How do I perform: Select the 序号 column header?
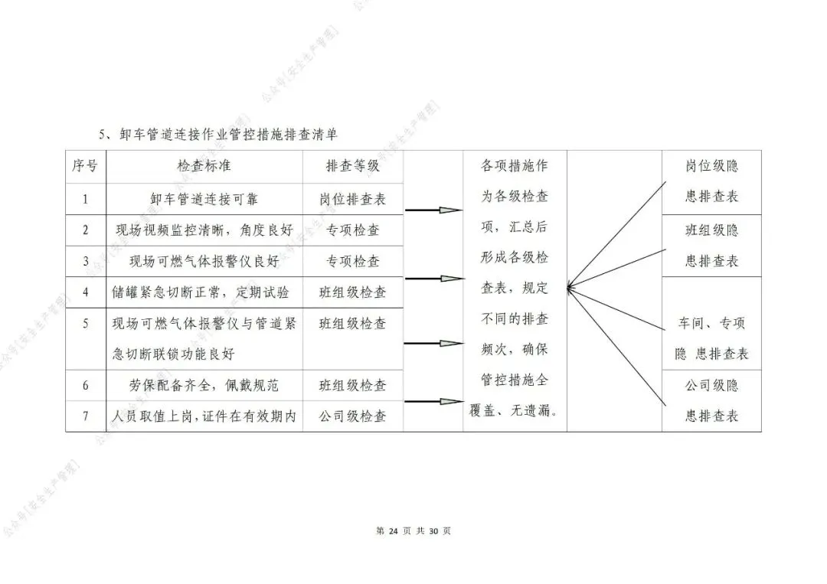click(85, 166)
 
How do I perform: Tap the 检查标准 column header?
click(204, 166)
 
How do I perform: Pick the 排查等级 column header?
click(353, 166)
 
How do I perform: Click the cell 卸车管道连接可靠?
click(204, 199)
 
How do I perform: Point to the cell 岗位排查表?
click(353, 199)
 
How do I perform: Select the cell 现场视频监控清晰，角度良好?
click(204, 230)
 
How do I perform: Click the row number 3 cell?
click(85, 261)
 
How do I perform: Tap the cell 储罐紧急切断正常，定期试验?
click(204, 292)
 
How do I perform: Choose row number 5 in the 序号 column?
click(85, 323)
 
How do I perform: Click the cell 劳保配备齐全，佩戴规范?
click(204, 385)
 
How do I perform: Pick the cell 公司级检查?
click(353, 416)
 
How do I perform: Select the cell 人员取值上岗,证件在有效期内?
click(204, 416)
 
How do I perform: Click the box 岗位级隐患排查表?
click(711, 181)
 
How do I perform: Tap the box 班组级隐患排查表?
click(711, 245)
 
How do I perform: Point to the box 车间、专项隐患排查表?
click(711, 338)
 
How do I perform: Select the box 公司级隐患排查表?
click(711, 400)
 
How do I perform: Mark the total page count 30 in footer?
click(433, 531)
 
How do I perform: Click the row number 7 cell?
click(85, 416)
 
